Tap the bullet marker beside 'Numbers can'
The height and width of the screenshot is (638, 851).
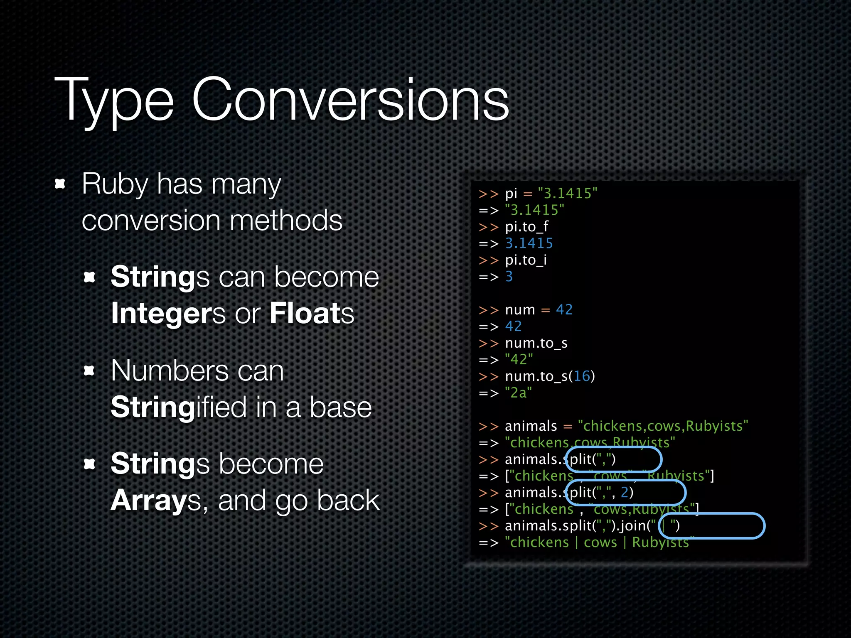coord(89,371)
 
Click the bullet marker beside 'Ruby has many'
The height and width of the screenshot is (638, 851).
coord(60,184)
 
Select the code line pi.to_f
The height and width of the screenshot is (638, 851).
coord(526,227)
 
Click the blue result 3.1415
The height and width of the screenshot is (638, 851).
coord(529,243)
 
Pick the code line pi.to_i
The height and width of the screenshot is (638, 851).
coord(526,260)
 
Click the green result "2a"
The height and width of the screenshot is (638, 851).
coord(518,393)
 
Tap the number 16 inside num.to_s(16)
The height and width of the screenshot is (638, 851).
coord(582,376)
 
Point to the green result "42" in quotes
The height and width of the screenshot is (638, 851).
coord(519,360)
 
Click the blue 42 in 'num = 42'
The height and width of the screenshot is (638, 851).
coord(564,310)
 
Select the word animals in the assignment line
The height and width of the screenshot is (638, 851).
coord(531,426)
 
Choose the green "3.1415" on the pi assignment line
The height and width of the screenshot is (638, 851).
coord(567,194)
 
